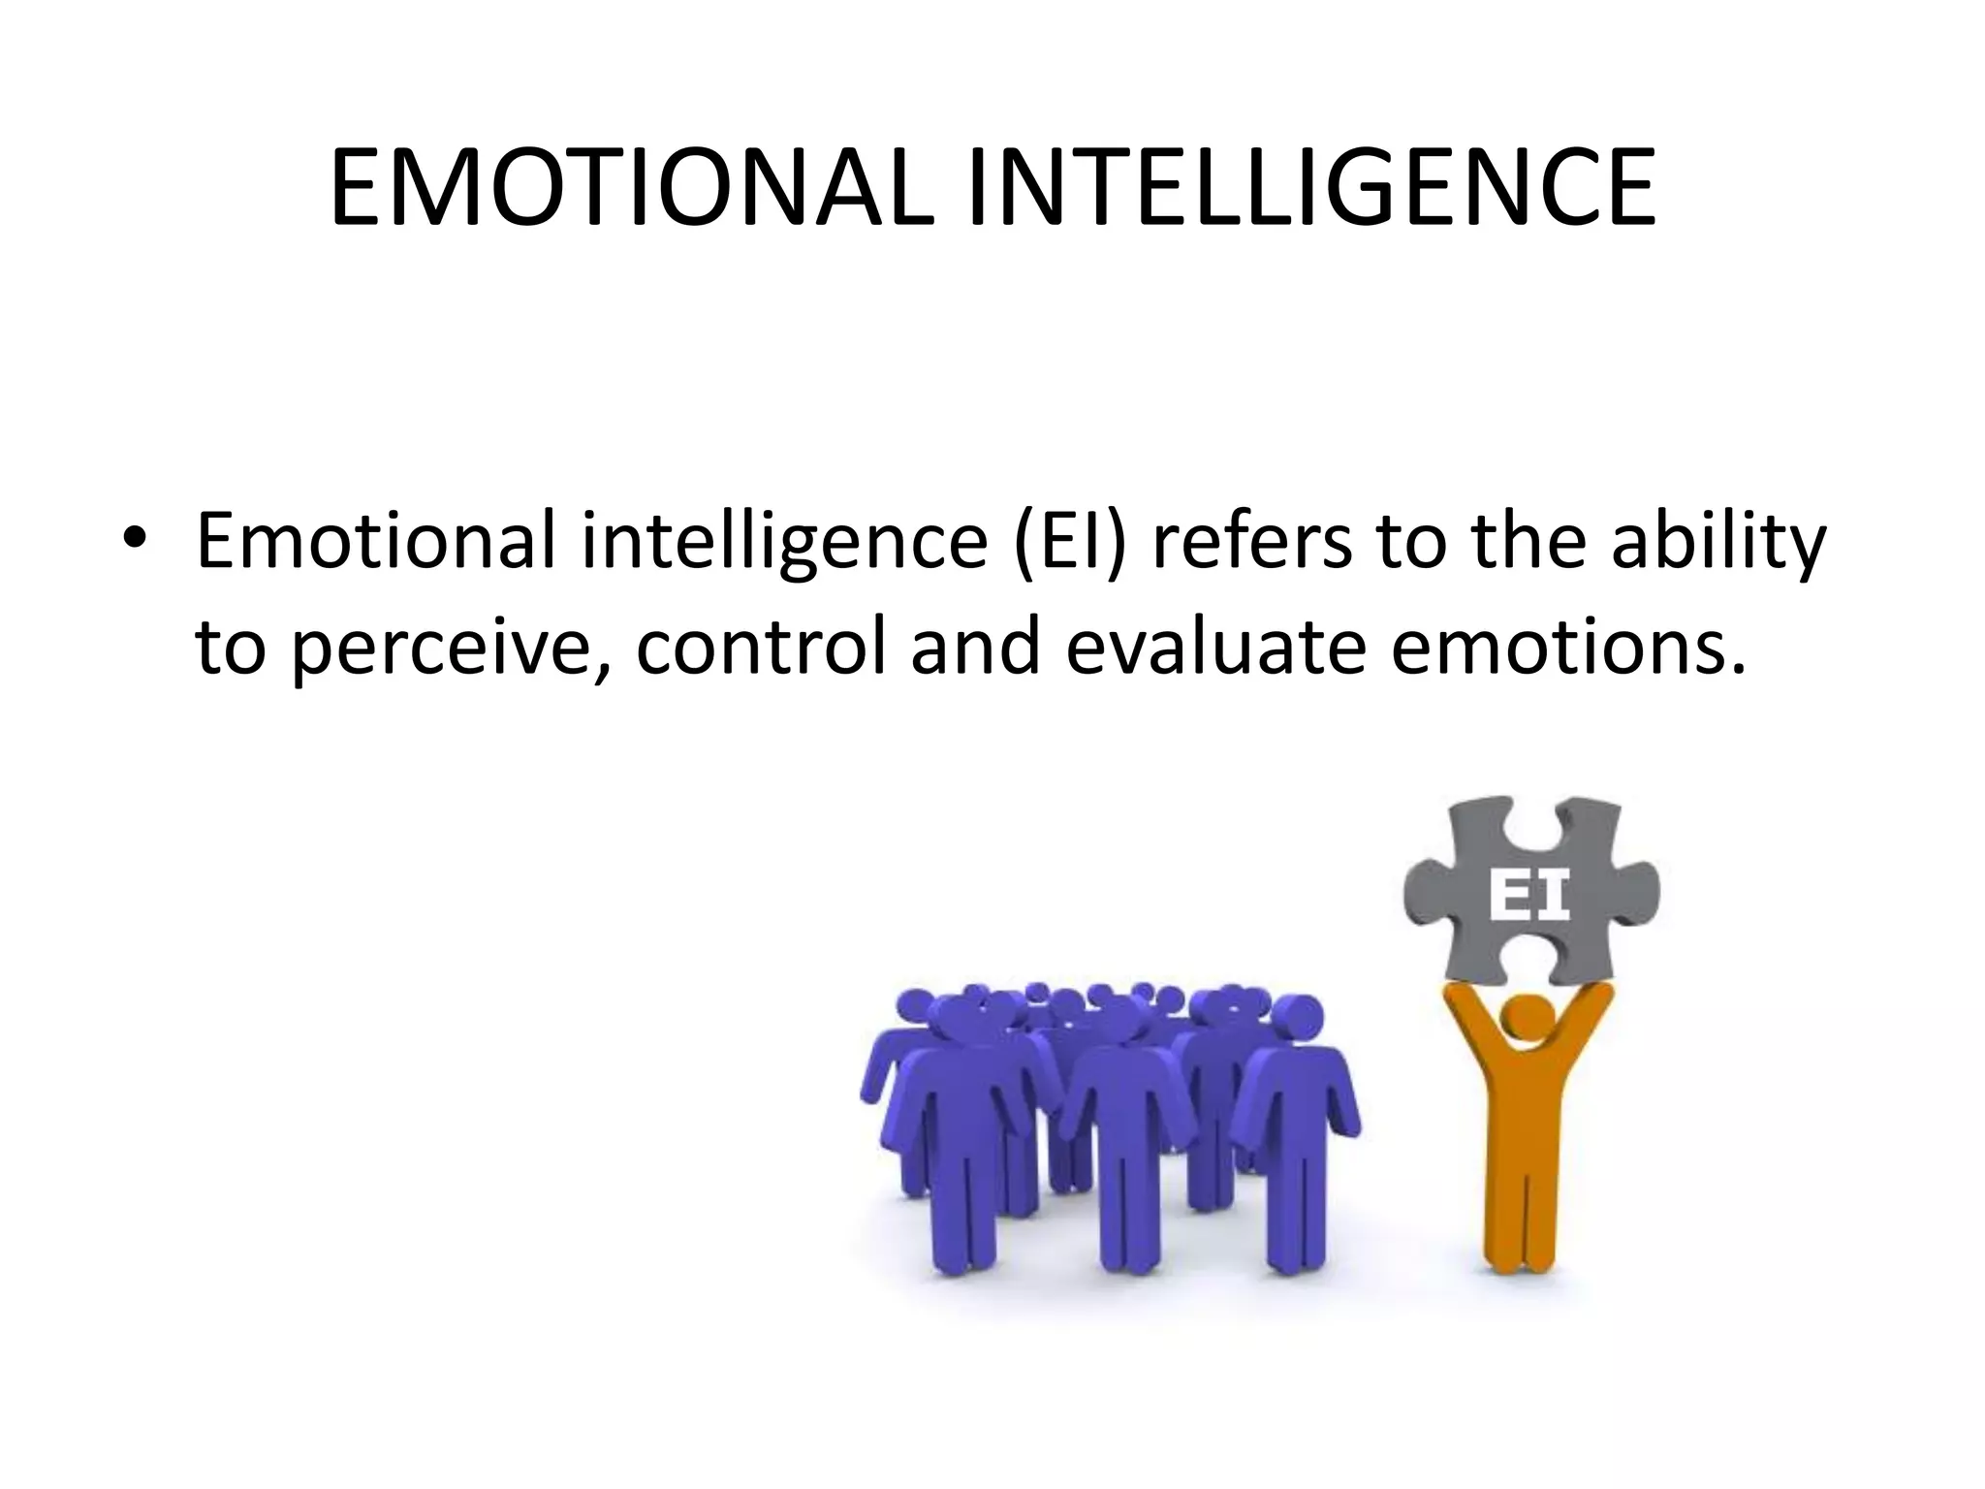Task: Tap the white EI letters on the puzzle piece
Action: [1528, 897]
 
